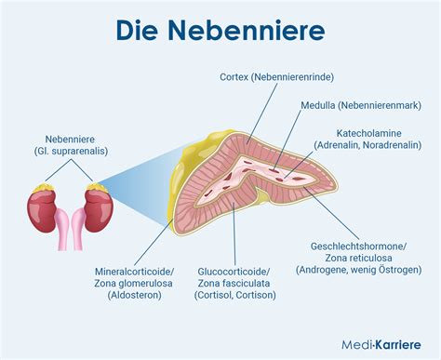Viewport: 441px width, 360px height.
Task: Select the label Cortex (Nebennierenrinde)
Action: click(x=276, y=77)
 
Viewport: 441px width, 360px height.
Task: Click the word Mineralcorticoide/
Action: click(x=135, y=273)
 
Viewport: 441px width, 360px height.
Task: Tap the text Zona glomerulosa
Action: click(x=135, y=284)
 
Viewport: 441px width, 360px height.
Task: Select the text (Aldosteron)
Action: click(x=135, y=296)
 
